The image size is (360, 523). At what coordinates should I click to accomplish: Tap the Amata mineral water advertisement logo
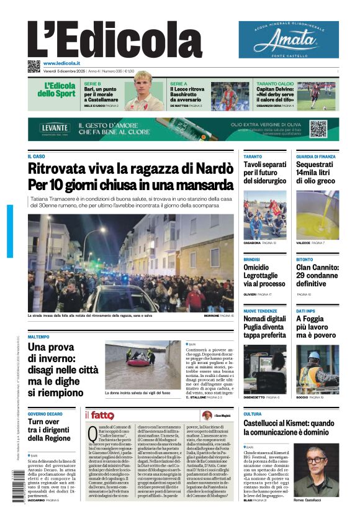coord(289,40)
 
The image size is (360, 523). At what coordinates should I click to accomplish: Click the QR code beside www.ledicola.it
coord(34,66)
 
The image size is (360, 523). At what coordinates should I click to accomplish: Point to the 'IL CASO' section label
coord(36,157)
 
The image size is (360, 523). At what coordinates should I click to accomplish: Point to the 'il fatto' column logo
coord(99,415)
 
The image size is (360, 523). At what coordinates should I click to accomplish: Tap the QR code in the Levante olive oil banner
coord(318,129)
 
